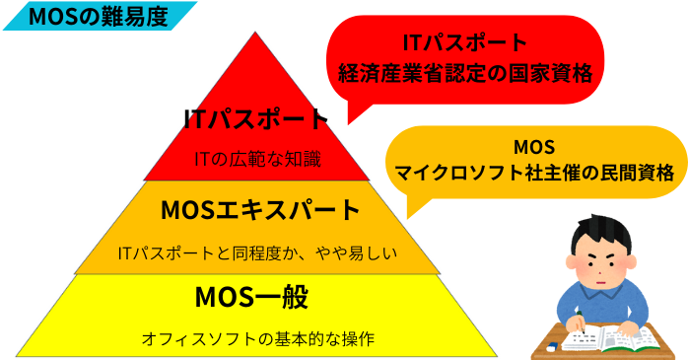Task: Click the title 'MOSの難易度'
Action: (x=98, y=16)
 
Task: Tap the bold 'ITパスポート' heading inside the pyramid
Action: (x=255, y=119)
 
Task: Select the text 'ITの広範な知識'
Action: (x=256, y=158)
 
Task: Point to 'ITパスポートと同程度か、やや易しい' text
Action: (x=256, y=253)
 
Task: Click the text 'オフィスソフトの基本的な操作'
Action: (x=257, y=338)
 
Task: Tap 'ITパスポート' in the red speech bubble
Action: (x=464, y=42)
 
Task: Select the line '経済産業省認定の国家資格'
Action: (x=464, y=73)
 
